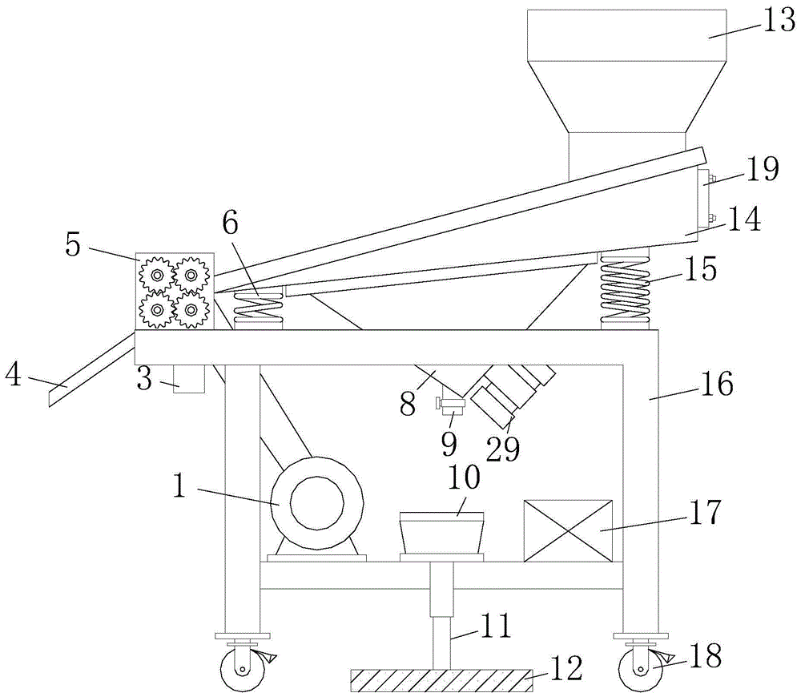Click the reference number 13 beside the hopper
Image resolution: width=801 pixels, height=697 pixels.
[x=779, y=22]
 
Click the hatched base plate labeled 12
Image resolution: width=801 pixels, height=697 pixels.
[x=441, y=681]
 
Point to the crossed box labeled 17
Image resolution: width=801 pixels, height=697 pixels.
[x=568, y=531]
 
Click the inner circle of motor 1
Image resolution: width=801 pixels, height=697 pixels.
[x=316, y=504]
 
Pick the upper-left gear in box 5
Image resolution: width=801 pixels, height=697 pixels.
[x=157, y=276]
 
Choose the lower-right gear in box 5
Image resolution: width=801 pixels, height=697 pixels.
[x=191, y=309]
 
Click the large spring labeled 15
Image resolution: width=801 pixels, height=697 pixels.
[x=626, y=289]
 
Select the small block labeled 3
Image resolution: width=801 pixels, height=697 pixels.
[x=189, y=379]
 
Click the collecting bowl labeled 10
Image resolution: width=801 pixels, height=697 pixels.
[x=441, y=533]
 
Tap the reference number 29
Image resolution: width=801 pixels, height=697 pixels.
[x=503, y=449]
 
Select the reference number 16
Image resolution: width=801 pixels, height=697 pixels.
[x=718, y=384]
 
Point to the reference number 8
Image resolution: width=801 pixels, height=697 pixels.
[x=408, y=405]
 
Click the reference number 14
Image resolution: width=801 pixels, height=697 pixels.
[x=745, y=220]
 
